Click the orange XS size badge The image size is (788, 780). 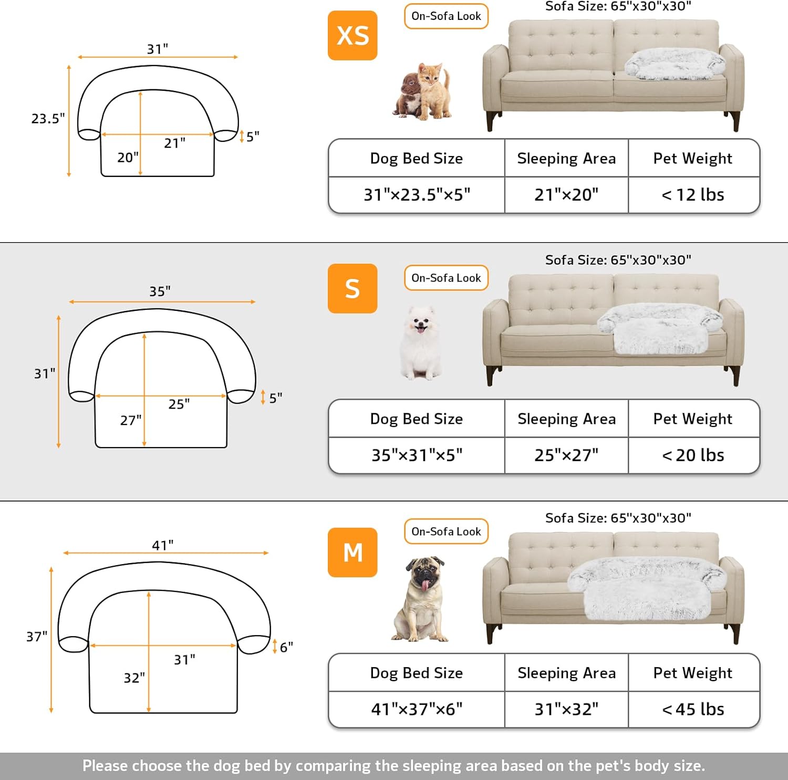pyautogui.click(x=352, y=35)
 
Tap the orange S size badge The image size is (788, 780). pyautogui.click(x=352, y=288)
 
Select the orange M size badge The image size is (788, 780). pyautogui.click(x=352, y=552)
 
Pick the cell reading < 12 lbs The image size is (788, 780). pyautogui.click(x=693, y=195)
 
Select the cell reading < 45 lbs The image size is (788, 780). pyautogui.click(x=693, y=709)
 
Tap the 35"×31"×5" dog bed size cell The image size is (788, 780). pyautogui.click(x=417, y=455)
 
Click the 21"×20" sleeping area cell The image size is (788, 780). pyautogui.click(x=566, y=195)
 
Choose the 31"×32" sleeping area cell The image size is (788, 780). pyautogui.click(x=566, y=709)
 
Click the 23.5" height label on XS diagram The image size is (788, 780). pyautogui.click(x=48, y=119)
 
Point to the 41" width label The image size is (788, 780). pyautogui.click(x=163, y=545)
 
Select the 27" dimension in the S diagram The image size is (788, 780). pyautogui.click(x=131, y=420)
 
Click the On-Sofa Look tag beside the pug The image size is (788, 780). pyautogui.click(x=446, y=532)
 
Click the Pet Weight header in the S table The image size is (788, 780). pyautogui.click(x=693, y=419)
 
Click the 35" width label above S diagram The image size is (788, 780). pyautogui.click(x=160, y=291)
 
